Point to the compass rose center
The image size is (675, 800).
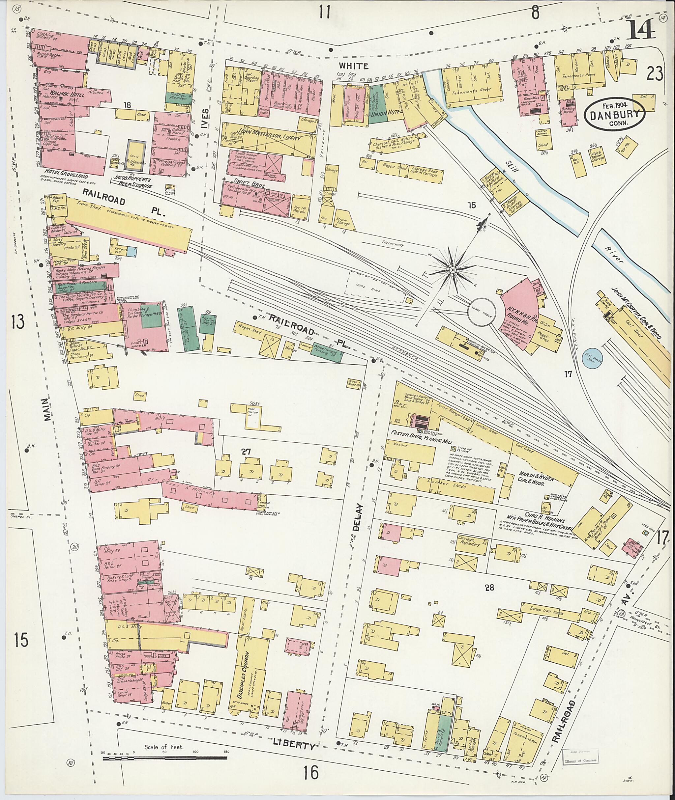[452, 270]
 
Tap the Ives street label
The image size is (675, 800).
[205, 119]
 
